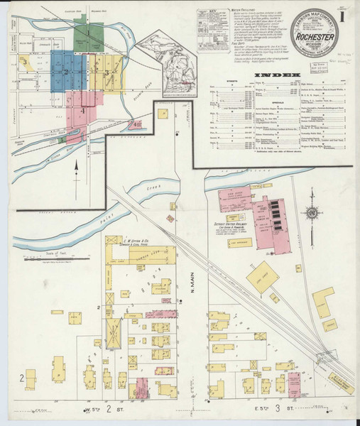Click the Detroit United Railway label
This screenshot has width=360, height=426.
[x=231, y=224]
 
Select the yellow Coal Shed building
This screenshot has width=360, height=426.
[x=262, y=273]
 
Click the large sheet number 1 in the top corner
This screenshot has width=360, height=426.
[x=344, y=14]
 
